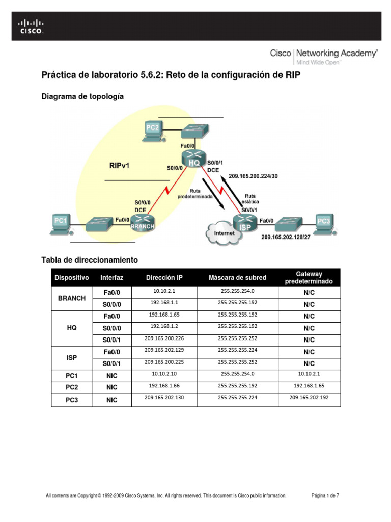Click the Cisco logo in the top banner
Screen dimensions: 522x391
coord(31,26)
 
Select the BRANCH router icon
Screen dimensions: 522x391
coord(143,223)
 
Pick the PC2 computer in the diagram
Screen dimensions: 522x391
coord(153,130)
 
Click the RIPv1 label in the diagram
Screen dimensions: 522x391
coord(120,166)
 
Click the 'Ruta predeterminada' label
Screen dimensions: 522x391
coord(195,193)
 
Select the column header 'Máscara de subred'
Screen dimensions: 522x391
coord(237,278)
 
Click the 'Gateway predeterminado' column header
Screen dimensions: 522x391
coord(309,278)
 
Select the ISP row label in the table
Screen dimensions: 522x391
coord(72,358)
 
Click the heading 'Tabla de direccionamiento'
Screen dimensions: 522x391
coord(90,260)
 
